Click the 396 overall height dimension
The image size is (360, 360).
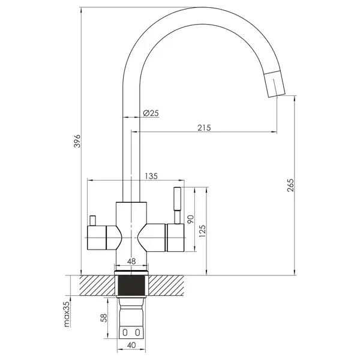[78, 141]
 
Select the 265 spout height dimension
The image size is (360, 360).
[290, 185]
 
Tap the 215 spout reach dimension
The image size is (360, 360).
[204, 128]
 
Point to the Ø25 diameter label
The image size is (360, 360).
[151, 113]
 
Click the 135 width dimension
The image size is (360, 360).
[151, 176]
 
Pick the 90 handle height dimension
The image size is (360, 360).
[191, 219]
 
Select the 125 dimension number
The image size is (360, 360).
[202, 231]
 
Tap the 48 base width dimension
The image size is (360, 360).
[131, 261]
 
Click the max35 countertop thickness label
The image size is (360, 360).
[67, 314]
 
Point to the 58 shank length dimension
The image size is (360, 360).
[104, 318]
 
